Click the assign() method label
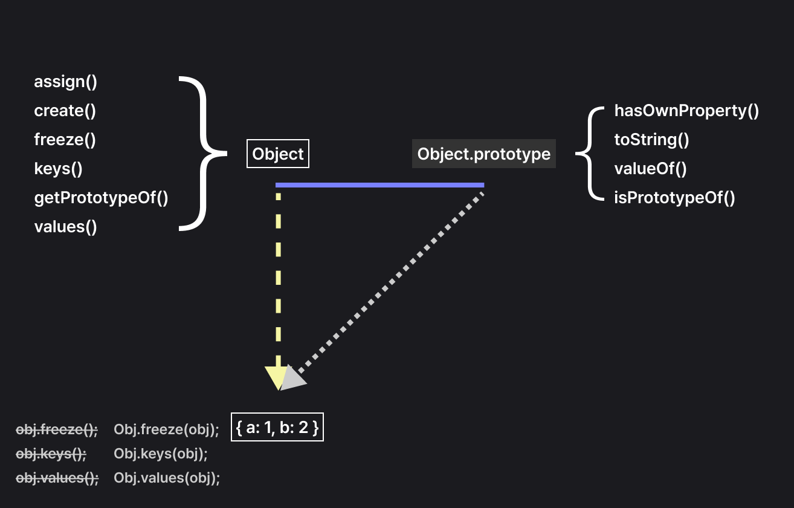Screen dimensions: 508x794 (65, 82)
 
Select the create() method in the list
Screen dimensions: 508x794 (65, 111)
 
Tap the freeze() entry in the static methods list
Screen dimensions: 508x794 (65, 140)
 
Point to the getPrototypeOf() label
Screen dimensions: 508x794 (101, 198)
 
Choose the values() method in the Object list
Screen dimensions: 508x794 (65, 227)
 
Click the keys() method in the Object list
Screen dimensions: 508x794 (58, 169)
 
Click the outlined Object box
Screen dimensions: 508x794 (278, 154)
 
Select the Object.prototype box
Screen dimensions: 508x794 (484, 154)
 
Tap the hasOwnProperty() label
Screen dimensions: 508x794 (686, 111)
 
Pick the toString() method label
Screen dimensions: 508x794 (651, 140)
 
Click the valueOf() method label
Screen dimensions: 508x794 (650, 169)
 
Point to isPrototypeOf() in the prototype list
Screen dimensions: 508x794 (674, 198)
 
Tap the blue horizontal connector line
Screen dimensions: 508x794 (379, 185)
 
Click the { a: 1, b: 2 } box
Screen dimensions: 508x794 (277, 428)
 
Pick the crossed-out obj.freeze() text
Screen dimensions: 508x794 (57, 429)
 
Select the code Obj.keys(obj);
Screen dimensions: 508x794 (161, 454)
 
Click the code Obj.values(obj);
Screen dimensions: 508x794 (167, 478)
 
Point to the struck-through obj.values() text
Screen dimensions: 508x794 (57, 478)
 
